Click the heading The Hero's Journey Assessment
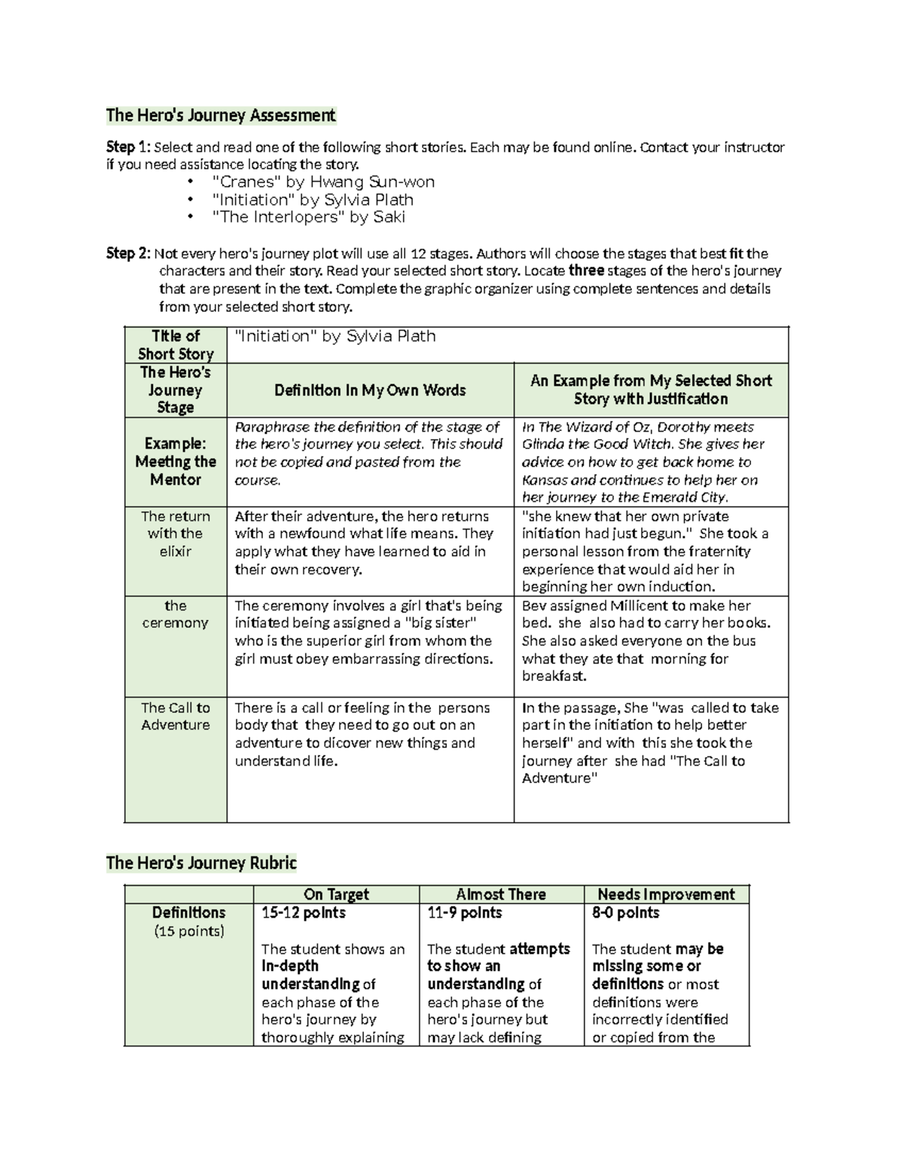coord(220,115)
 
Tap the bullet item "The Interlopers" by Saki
coord(309,217)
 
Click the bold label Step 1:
coord(128,147)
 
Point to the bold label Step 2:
coord(128,253)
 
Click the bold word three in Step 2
coord(586,270)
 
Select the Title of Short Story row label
coord(176,345)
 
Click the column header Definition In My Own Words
coord(370,390)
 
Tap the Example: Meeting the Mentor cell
coord(176,461)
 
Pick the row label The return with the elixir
coord(176,533)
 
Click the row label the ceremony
coord(176,614)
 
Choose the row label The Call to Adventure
coord(176,716)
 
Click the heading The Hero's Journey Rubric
coord(201,863)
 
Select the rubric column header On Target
coord(336,894)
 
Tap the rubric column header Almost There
coord(501,894)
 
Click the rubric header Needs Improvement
coord(666,894)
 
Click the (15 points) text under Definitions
coord(189,931)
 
